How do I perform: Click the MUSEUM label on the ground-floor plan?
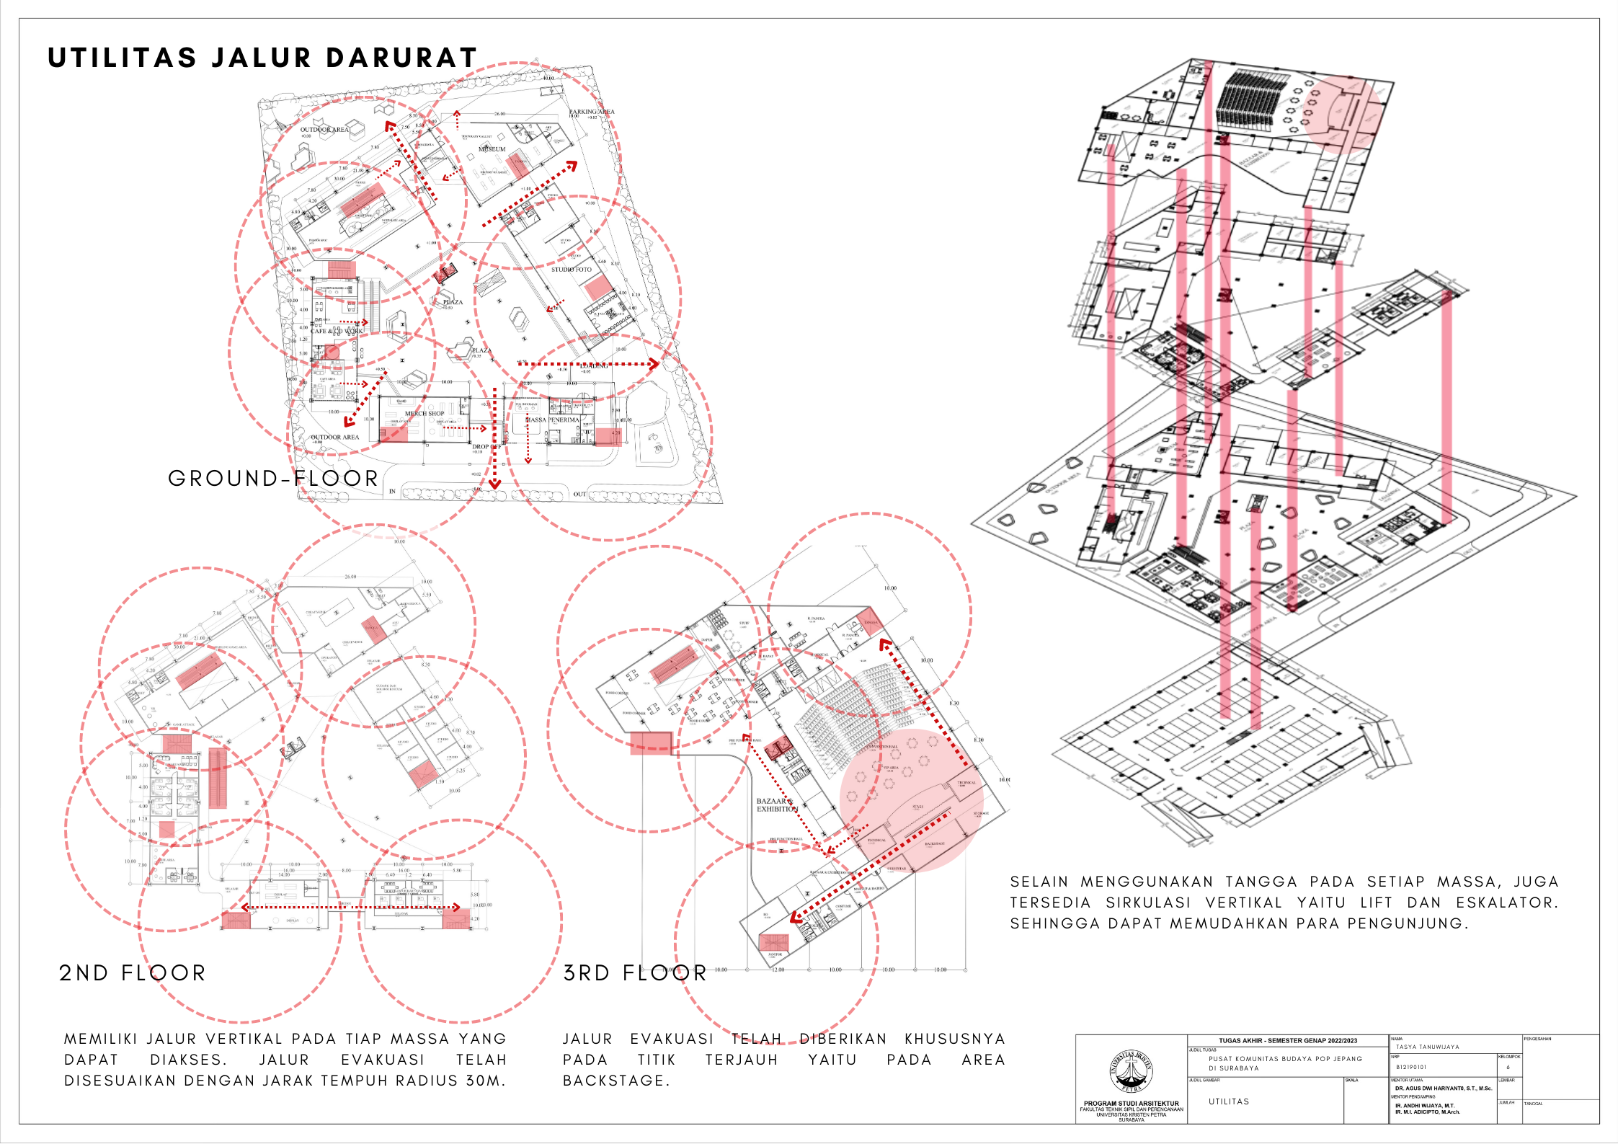pyautogui.click(x=492, y=149)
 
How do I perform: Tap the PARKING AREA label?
pyautogui.click(x=592, y=112)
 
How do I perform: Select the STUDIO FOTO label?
pyautogui.click(x=572, y=270)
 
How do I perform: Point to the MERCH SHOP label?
pyautogui.click(x=424, y=414)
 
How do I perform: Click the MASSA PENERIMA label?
pyautogui.click(x=552, y=420)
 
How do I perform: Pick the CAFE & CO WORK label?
pyautogui.click(x=337, y=331)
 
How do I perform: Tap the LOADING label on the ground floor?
pyautogui.click(x=595, y=366)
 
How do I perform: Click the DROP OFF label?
pyautogui.click(x=486, y=447)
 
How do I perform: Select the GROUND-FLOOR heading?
pyautogui.click(x=273, y=479)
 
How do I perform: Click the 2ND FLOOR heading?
pyautogui.click(x=133, y=973)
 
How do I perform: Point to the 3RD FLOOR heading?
pyautogui.click(x=635, y=973)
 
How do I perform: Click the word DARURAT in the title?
pyautogui.click(x=402, y=58)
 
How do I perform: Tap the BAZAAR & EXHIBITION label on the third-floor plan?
pyautogui.click(x=775, y=805)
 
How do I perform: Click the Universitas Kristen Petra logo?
pyautogui.click(x=1131, y=1072)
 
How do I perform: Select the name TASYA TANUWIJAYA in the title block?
pyautogui.click(x=1427, y=1047)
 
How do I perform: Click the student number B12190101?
pyautogui.click(x=1410, y=1067)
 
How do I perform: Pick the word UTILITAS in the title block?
pyautogui.click(x=1229, y=1101)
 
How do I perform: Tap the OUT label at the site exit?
pyautogui.click(x=579, y=494)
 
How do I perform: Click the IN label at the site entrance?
pyautogui.click(x=393, y=492)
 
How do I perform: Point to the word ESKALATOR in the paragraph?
pyautogui.click(x=1506, y=903)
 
